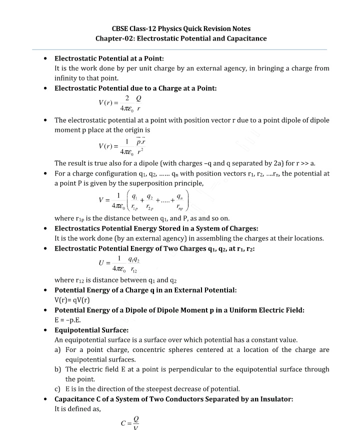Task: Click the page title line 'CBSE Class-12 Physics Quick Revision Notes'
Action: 180,28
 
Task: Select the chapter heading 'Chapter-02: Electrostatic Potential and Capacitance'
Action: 180,38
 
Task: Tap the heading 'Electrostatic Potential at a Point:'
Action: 108,58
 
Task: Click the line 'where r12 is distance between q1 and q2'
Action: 116,280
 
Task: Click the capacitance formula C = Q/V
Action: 129,422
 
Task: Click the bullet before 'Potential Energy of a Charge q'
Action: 46,290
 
